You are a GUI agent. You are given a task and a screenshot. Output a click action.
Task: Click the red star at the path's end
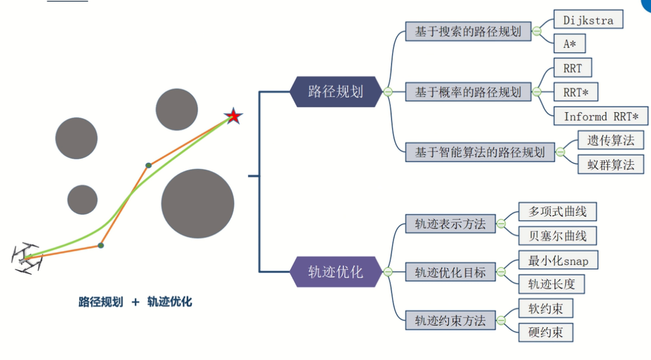tap(233, 116)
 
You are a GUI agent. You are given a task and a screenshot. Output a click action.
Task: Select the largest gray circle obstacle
tap(197, 203)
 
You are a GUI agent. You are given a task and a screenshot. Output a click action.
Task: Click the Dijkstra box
tap(588, 20)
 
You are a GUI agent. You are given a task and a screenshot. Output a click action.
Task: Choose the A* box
tap(570, 43)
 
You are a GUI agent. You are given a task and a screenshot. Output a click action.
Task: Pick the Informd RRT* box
tap(601, 116)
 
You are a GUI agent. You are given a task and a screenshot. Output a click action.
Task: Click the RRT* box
tap(576, 92)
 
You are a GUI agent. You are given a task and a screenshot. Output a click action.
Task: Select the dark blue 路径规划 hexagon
tap(335, 92)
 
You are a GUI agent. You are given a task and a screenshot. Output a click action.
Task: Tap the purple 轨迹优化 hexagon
tap(335, 272)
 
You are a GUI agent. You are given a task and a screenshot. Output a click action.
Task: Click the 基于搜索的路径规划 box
tap(468, 31)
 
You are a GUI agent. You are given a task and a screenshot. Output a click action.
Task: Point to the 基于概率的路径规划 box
tap(468, 92)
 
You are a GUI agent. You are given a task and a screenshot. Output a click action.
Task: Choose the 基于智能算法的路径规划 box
tap(479, 152)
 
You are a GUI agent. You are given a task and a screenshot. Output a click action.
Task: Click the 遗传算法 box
tap(611, 140)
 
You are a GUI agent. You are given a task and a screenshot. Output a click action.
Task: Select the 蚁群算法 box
tap(611, 164)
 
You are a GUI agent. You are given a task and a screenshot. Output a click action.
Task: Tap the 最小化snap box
tap(558, 260)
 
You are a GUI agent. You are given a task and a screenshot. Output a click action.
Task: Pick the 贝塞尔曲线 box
tap(557, 235)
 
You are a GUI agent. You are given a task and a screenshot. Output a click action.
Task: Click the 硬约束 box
tap(545, 332)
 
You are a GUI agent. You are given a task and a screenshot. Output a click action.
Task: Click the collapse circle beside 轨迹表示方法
tap(500, 224)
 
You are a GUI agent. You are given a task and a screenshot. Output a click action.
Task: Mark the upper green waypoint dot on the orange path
tap(148, 165)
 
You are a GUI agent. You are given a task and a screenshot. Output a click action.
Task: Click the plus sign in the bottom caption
tap(136, 302)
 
